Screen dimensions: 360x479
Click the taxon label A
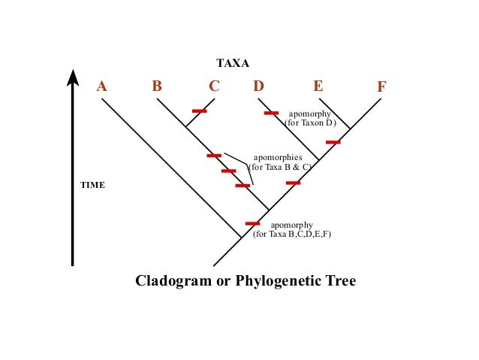pos(102,86)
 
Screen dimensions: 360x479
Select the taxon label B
pos(157,86)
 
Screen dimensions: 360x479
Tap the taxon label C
pos(214,86)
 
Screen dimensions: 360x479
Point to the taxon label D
pos(258,86)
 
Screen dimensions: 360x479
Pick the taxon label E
pos(318,86)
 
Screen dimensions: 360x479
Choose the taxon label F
pos(381,86)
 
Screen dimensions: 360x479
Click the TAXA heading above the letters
pos(233,64)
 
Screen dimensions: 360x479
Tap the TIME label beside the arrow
pos(93,184)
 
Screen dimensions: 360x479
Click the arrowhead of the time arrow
pos(73,77)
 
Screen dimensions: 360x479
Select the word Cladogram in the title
pos(170,281)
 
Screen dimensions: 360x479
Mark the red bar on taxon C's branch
pos(199,111)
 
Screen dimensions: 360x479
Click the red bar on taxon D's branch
pos(271,113)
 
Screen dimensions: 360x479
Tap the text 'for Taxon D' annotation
pos(310,123)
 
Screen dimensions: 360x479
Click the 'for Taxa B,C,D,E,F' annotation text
pos(292,234)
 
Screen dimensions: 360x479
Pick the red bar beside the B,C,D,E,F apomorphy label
pos(252,223)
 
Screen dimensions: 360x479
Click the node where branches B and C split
pos(185,126)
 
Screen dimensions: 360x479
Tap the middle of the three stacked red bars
pos(228,171)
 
